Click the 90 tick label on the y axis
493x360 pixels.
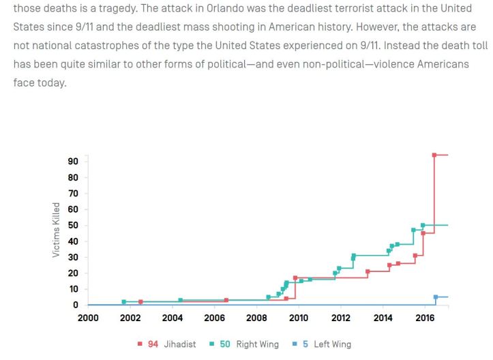pos(73,162)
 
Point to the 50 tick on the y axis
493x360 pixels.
pos(73,226)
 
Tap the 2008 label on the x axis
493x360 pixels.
pos(256,318)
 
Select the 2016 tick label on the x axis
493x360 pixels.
pos(425,318)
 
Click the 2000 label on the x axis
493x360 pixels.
pos(88,318)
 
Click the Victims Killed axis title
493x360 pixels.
pos(56,230)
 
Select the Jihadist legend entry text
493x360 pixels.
pos(179,344)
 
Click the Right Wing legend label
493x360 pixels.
pos(257,344)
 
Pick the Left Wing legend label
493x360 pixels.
pos(332,344)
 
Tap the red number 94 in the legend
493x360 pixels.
pos(153,344)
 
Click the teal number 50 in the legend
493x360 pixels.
pos(225,344)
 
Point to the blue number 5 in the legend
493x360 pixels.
pos(306,344)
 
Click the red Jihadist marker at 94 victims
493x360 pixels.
pos(434,155)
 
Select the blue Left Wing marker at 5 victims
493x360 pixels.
pos(436,297)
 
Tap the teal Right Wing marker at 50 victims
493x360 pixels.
pos(423,225)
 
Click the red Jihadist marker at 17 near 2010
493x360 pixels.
pos(295,277)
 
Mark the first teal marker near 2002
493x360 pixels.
pos(123,301)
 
